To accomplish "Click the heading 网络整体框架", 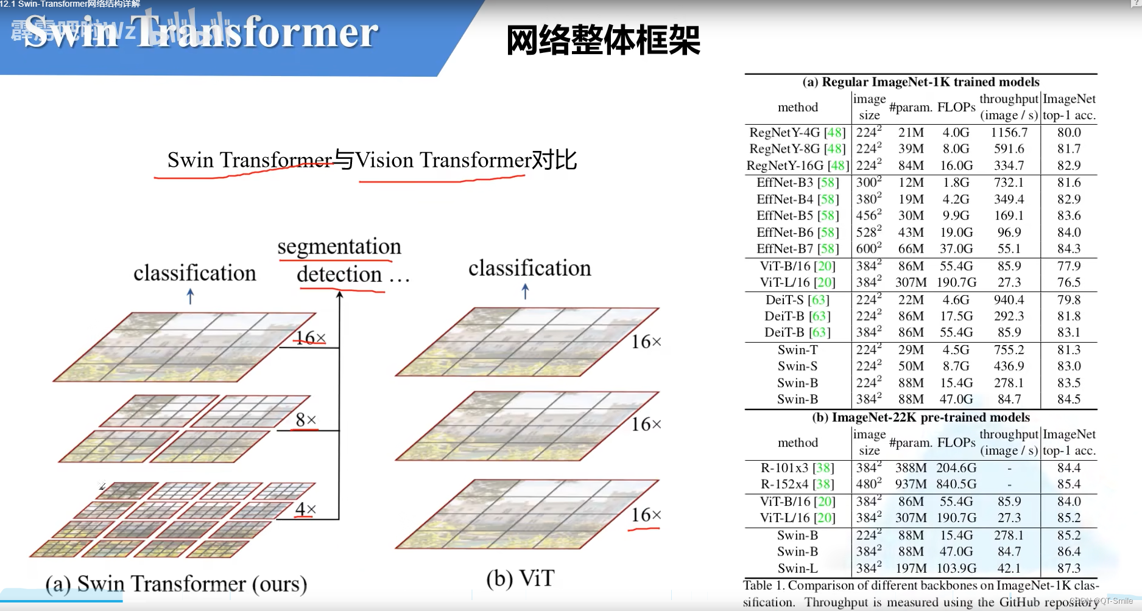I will pos(603,41).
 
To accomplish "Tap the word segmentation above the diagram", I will pos(339,246).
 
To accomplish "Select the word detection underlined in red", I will pos(339,274).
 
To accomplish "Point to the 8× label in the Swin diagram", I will pos(306,420).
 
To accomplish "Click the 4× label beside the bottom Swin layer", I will pos(306,509).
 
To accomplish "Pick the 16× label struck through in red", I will pos(311,338).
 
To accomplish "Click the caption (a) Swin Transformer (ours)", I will pos(176,584).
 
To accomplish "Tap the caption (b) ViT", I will pos(520,578).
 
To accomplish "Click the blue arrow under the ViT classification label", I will pos(526,292).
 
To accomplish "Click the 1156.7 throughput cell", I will pos(1009,133).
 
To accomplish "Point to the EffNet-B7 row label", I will pos(797,249).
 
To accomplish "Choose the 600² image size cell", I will pos(869,249).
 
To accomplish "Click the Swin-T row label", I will pos(797,350).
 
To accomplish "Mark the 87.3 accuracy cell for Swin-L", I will pos(1069,568).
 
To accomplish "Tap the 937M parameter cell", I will pos(911,484).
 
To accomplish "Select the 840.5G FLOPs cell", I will pos(956,484).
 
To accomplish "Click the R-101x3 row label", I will pos(797,468).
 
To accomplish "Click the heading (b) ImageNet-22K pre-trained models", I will pos(921,417).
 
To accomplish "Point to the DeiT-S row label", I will pos(797,300).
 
